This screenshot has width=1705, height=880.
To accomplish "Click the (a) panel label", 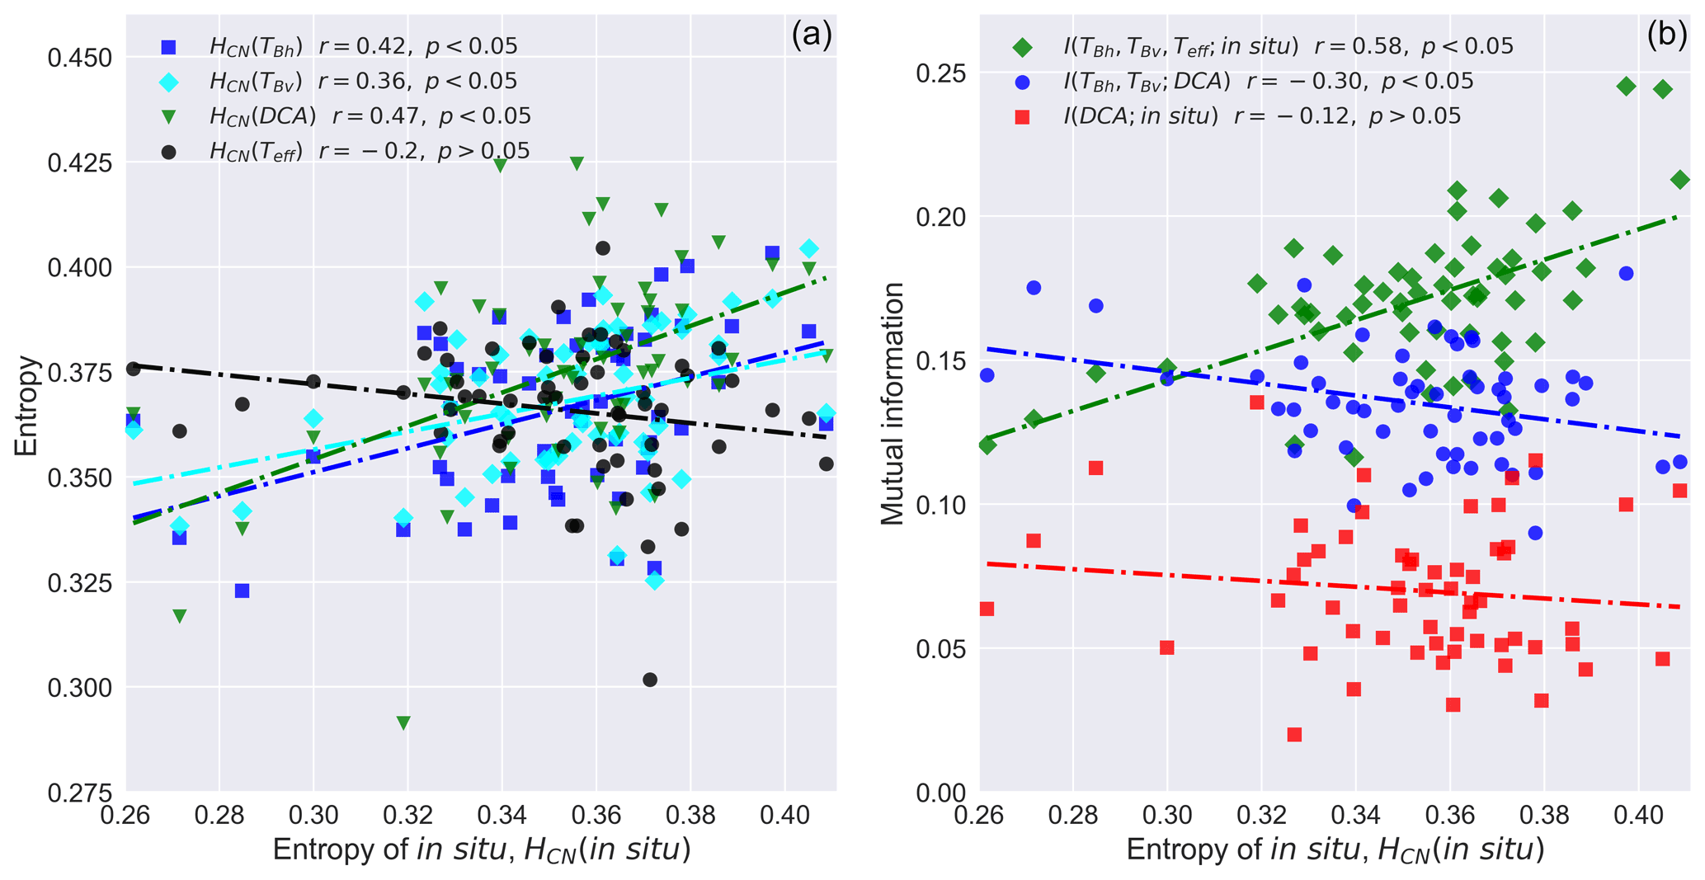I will pyautogui.click(x=811, y=35).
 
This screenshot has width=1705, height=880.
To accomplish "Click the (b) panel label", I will pyautogui.click(x=1666, y=35).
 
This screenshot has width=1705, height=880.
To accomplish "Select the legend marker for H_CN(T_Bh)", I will pyautogui.click(x=169, y=47).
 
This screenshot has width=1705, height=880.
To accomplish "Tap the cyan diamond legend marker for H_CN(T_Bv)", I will pyautogui.click(x=169, y=82).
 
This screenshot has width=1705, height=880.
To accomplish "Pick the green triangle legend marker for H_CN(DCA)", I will pyautogui.click(x=169, y=117).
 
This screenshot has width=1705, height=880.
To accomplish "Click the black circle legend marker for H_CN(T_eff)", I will pyautogui.click(x=169, y=152).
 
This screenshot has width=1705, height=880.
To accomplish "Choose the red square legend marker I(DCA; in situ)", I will pyautogui.click(x=1022, y=117).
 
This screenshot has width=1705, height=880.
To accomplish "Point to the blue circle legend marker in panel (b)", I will pyautogui.click(x=1022, y=82).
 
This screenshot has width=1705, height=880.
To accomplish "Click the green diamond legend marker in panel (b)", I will pyautogui.click(x=1022, y=47).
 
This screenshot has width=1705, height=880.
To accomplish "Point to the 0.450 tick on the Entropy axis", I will pyautogui.click(x=81, y=59).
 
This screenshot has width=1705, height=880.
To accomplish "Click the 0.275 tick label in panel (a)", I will pyautogui.click(x=81, y=793).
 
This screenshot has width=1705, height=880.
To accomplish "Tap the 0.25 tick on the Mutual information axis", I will pyautogui.click(x=941, y=73).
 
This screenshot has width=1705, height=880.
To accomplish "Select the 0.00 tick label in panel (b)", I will pyautogui.click(x=941, y=793).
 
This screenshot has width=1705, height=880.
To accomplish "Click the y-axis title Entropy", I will pyautogui.click(x=26, y=405).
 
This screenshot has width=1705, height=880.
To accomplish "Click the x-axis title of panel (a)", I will pyautogui.click(x=481, y=850).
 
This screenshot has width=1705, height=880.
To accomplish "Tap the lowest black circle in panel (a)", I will pyautogui.click(x=650, y=680).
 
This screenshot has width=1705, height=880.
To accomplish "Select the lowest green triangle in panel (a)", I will pyautogui.click(x=403, y=723).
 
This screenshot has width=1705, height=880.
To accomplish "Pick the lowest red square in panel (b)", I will pyautogui.click(x=1294, y=735).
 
